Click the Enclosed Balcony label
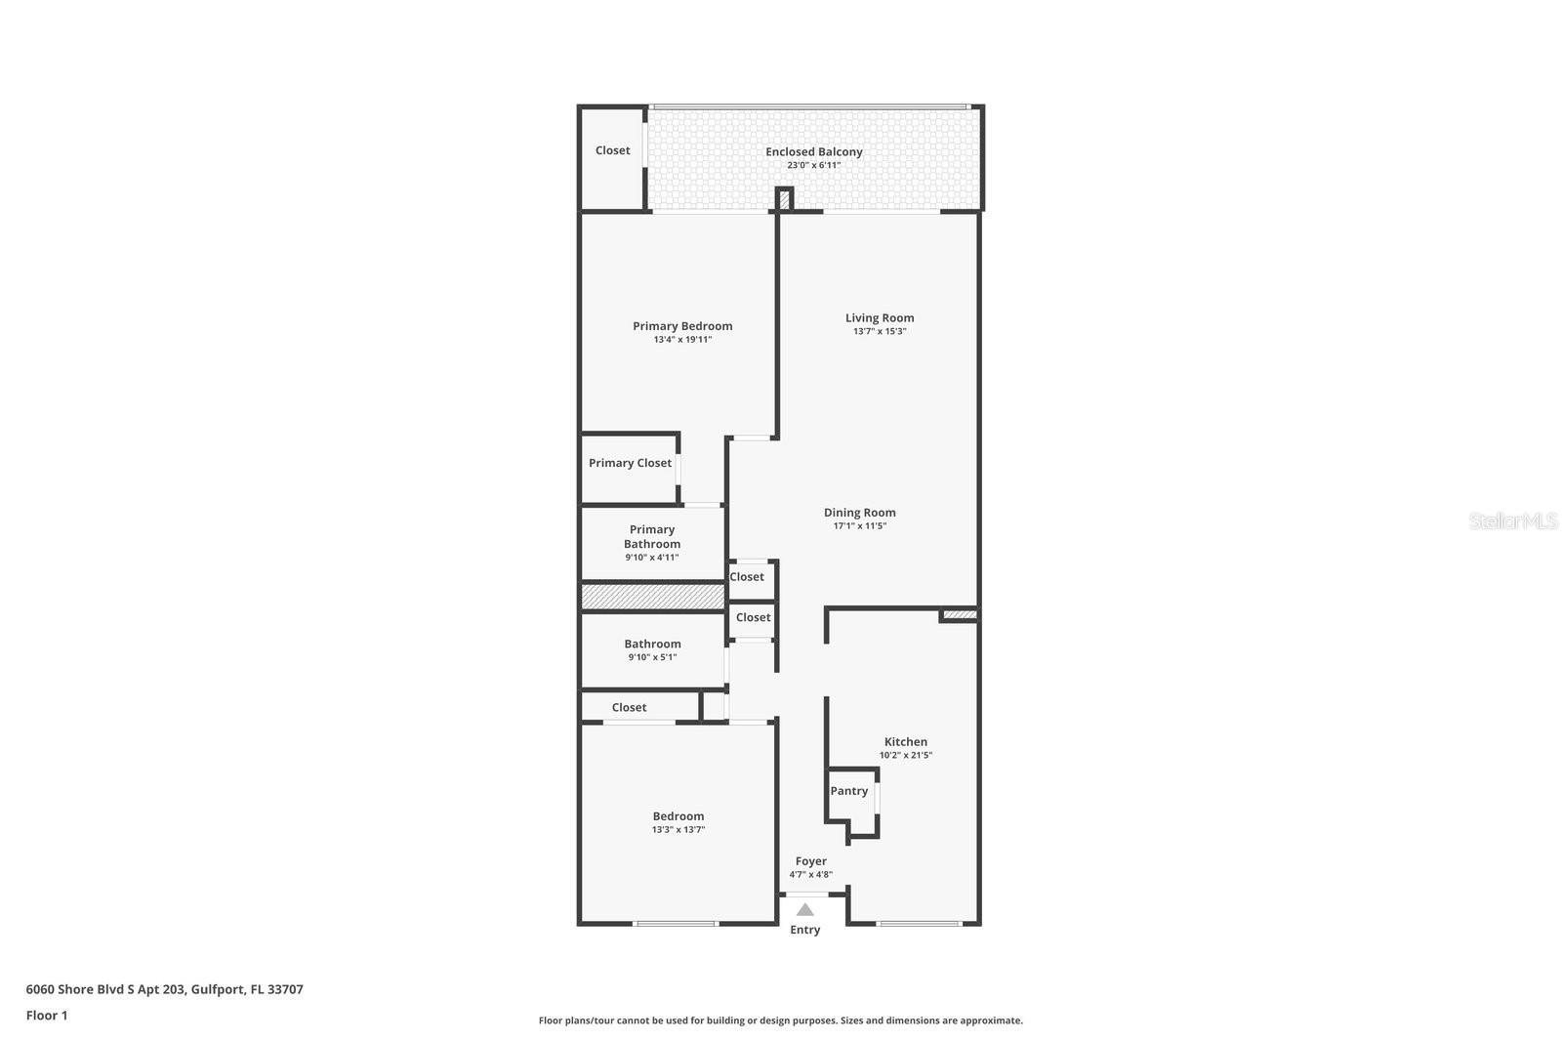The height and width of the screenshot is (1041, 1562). point(813,151)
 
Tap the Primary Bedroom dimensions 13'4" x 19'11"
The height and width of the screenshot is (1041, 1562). point(682,340)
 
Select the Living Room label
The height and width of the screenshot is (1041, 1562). point(880,317)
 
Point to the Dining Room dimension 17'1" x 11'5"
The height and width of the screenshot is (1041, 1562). point(859,526)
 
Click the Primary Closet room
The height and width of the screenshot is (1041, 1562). point(630,463)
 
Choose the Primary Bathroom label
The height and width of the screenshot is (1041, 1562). point(652,537)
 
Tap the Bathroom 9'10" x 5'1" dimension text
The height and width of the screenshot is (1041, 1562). point(652,657)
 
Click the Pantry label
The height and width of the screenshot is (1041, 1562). point(848,791)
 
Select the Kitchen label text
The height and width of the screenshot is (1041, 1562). point(905,742)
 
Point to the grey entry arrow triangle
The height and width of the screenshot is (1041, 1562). point(804,909)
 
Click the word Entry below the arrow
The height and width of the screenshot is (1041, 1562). point(804,930)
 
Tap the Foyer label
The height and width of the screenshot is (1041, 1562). point(810,861)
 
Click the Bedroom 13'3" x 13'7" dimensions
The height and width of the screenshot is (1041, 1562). point(678,830)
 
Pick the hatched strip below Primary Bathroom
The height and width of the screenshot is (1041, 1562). point(652,597)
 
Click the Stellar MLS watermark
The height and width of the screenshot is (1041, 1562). point(1512,520)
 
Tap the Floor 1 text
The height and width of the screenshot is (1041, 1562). point(47,1016)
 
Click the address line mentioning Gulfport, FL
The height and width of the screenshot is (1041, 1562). point(164,989)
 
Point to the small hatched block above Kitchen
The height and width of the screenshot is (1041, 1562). point(959,614)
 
